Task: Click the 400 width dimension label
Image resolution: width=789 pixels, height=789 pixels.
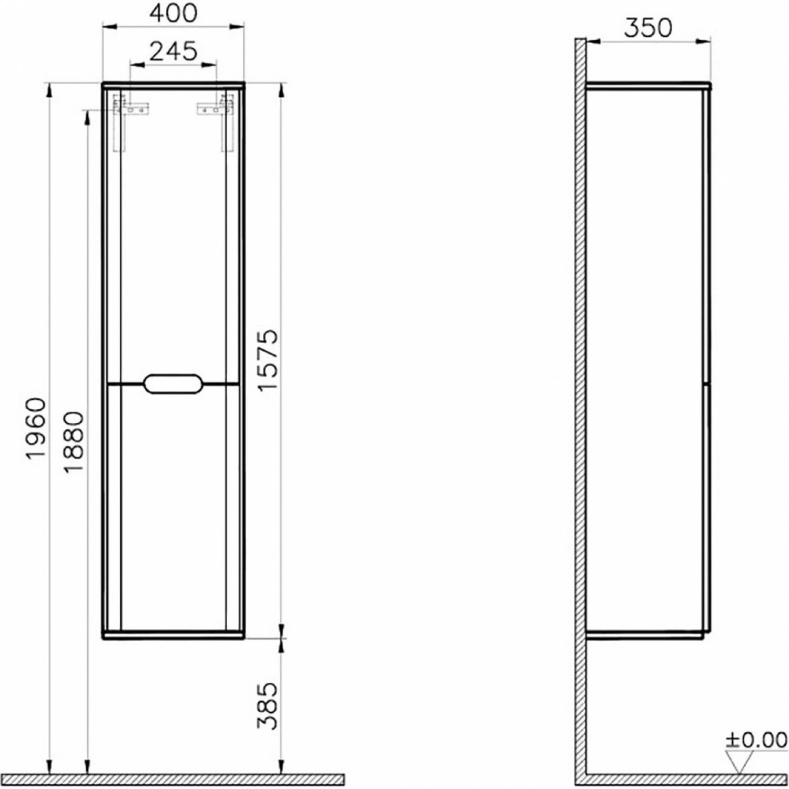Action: pos(174,14)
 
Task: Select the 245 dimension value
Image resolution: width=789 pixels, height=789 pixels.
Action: pos(173,51)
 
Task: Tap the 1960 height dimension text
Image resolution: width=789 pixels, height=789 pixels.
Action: pos(36,428)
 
